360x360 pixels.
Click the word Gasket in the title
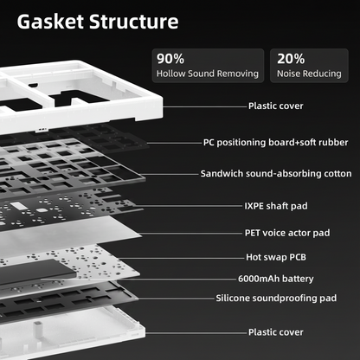click(x=51, y=22)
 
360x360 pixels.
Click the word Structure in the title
click(x=134, y=22)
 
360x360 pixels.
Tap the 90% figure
click(x=170, y=59)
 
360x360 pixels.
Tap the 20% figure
click(x=291, y=59)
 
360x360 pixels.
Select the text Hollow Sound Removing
click(x=208, y=74)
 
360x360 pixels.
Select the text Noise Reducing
click(x=309, y=74)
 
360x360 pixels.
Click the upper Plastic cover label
click(x=276, y=106)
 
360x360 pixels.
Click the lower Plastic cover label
click(x=276, y=332)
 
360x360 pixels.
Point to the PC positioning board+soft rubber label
click(x=276, y=143)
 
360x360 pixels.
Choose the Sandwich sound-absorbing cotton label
click(x=276, y=174)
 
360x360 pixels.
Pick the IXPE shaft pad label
click(x=276, y=206)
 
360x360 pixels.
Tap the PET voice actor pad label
click(x=287, y=233)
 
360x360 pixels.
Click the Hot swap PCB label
click(x=276, y=257)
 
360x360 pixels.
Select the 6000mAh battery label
click(x=276, y=279)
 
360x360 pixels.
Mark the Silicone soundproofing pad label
click(x=276, y=298)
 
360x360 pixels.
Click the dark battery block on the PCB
click(x=37, y=272)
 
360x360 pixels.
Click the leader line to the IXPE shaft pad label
click(x=189, y=206)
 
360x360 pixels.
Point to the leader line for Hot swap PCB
click(x=180, y=258)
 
